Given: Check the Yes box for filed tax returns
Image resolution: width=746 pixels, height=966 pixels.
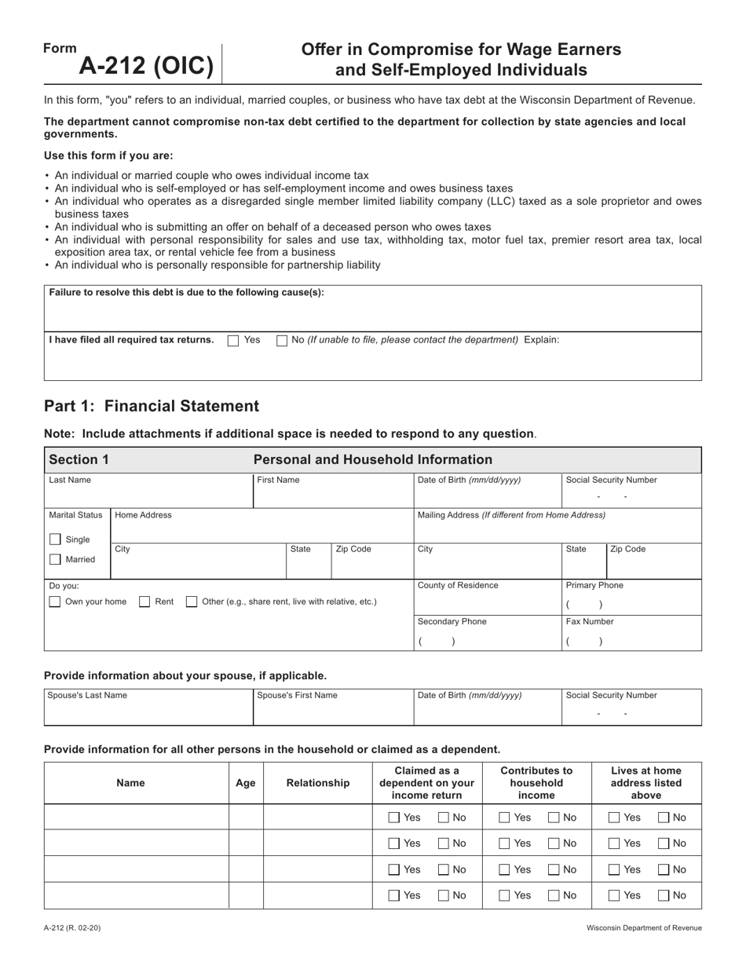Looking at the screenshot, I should [233, 341].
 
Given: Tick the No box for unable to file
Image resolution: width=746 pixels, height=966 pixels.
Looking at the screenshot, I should [283, 341].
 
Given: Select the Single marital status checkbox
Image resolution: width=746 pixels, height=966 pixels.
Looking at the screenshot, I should [55, 540].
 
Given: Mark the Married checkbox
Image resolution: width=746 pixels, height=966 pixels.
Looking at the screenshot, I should [55, 559].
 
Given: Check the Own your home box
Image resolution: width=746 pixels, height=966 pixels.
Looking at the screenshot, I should [55, 602].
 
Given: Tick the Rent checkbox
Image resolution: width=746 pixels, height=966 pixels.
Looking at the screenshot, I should [144, 602].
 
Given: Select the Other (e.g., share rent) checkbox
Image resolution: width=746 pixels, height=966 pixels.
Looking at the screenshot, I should [192, 602].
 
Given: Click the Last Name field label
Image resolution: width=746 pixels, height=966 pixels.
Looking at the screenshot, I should [70, 480].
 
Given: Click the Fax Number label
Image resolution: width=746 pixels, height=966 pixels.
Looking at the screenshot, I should [590, 621].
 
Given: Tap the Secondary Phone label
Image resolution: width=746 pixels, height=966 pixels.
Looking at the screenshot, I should [452, 621].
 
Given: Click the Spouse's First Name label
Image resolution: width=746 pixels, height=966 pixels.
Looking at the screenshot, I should [298, 695].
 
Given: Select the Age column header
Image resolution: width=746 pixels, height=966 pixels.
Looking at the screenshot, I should [246, 783].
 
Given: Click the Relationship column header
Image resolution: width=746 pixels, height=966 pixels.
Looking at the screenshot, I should [318, 783].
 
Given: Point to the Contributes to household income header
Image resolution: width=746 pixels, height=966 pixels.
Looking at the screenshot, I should [536, 783].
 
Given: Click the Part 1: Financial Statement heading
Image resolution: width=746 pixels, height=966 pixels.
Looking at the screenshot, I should [152, 406].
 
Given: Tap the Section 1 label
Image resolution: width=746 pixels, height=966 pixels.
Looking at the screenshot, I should [79, 459].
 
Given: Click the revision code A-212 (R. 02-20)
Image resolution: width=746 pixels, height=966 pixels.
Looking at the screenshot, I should [72, 928].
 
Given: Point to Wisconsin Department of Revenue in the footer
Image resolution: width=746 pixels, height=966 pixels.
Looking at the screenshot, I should [644, 928].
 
